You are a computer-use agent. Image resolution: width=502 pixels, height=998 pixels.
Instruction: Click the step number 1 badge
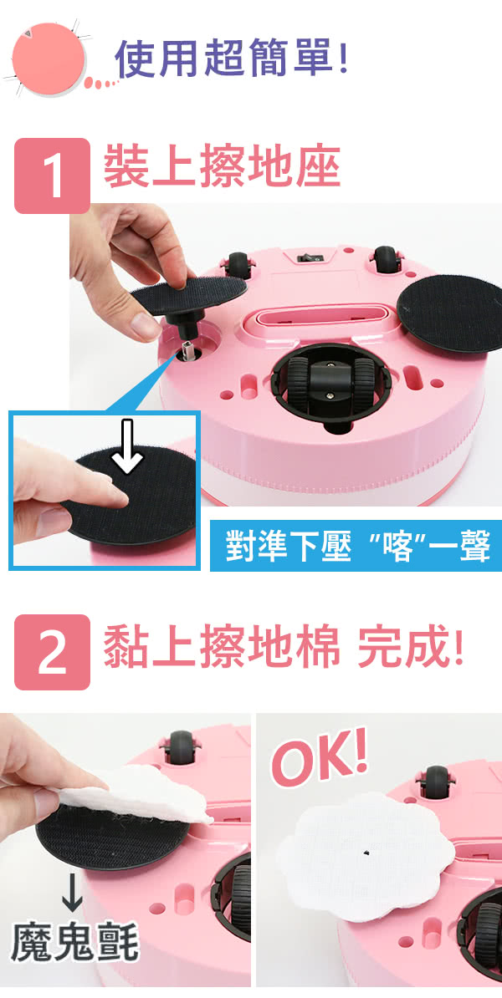pos(52,176)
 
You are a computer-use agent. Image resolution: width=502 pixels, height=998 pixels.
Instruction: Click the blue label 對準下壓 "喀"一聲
pos(356,546)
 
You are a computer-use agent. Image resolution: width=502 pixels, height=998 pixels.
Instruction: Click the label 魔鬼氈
pos(75,942)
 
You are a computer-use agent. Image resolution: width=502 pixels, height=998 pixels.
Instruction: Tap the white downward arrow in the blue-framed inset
pos(128,446)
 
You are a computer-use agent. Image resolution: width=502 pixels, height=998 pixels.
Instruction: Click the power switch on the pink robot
pos(309,257)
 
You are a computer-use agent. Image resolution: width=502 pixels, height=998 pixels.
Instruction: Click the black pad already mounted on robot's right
pos(451,312)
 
